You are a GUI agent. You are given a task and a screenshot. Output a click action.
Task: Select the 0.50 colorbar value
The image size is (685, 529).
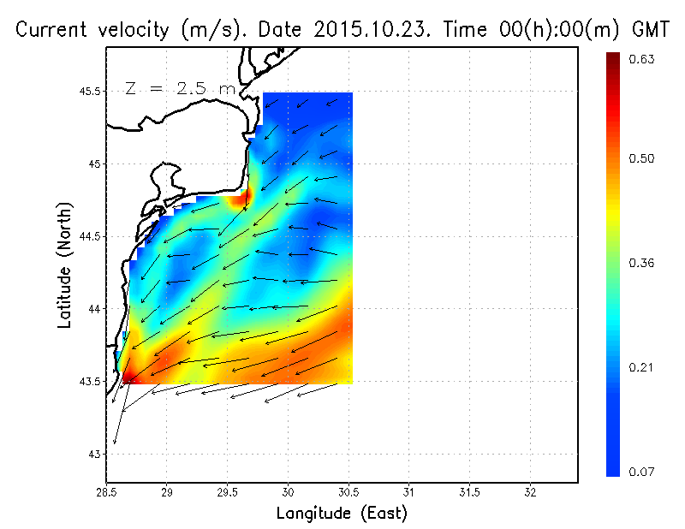click(641, 158)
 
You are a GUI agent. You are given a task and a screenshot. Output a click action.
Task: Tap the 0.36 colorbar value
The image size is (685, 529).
click(641, 263)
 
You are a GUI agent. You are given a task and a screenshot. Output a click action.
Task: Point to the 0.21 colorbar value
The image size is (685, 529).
click(641, 367)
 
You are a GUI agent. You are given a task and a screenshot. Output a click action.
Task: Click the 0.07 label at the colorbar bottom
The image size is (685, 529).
click(641, 472)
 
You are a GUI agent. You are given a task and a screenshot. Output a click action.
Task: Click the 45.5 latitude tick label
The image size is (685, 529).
click(88, 92)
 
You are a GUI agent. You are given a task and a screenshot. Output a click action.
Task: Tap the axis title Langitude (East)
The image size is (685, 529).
click(342, 514)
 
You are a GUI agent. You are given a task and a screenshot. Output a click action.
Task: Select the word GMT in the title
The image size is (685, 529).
click(651, 29)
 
